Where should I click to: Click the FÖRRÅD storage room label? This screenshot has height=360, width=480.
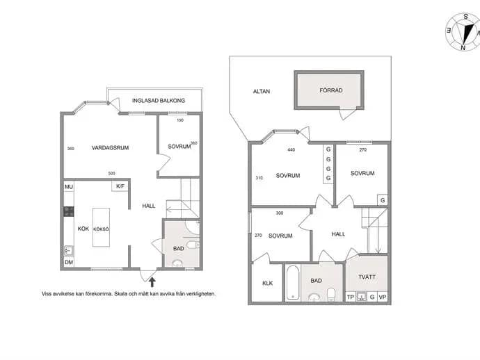pyautogui.click(x=331, y=90)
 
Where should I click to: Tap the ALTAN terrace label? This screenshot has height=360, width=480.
pyautogui.click(x=262, y=91)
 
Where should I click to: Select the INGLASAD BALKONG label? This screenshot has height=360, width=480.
pyautogui.click(x=159, y=100)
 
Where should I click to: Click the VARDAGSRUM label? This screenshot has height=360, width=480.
pyautogui.click(x=110, y=148)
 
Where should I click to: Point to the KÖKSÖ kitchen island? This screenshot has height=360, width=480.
pyautogui.click(x=101, y=227)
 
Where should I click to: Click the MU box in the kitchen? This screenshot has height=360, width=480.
pyautogui.click(x=69, y=186)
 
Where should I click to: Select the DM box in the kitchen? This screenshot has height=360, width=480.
pyautogui.click(x=69, y=262)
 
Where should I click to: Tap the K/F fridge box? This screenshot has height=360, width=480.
pyautogui.click(x=120, y=186)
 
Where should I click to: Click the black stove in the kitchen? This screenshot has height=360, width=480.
pyautogui.click(x=69, y=211)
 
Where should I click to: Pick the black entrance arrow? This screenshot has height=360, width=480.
pyautogui.click(x=152, y=282)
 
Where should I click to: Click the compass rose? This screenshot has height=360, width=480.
pyautogui.click(x=463, y=31)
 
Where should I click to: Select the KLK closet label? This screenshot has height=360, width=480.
pyautogui.click(x=268, y=284)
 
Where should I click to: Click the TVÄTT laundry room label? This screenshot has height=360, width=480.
pyautogui.click(x=367, y=277)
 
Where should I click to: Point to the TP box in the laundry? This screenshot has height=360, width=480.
pyautogui.click(x=351, y=297)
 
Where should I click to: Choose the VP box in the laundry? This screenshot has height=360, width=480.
pyautogui.click(x=383, y=297)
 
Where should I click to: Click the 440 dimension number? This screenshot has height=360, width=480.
pyautogui.click(x=291, y=150)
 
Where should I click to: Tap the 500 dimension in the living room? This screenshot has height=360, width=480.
pyautogui.click(x=112, y=174)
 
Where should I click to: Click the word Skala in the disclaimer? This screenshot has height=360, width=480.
pyautogui.click(x=120, y=293)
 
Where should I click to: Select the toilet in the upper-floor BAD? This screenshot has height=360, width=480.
pyautogui.click(x=331, y=294)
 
